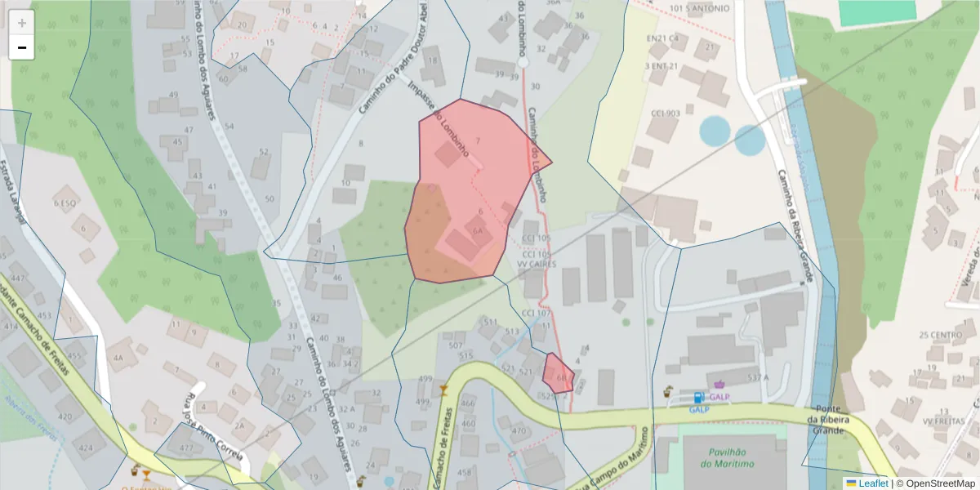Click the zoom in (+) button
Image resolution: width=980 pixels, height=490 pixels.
(x=21, y=23)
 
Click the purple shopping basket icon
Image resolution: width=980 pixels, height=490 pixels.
(x=719, y=384)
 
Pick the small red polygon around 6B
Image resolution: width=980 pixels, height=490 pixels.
(x=559, y=373)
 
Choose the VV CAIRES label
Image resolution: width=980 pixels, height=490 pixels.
(x=537, y=265)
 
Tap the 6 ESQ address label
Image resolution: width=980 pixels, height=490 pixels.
(x=65, y=203)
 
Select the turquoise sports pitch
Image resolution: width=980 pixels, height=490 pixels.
(x=877, y=11)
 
